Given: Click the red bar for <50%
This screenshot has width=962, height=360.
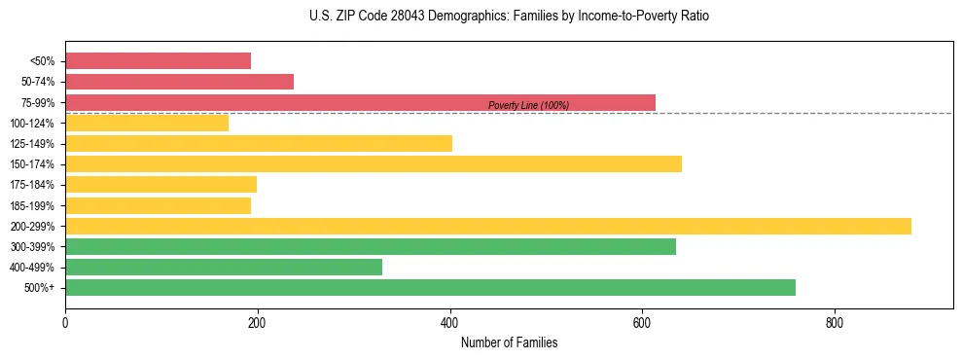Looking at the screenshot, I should point(158,61).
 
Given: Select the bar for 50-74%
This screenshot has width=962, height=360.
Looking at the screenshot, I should point(179,82).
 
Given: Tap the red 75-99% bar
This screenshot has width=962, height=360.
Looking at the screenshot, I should point(360,102).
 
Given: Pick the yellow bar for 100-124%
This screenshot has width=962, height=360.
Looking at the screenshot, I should point(147,123).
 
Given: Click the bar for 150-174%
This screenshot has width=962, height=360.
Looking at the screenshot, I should point(374,163).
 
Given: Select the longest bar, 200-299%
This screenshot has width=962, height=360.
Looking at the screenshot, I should point(488,226).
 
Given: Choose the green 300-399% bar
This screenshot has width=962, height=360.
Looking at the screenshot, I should point(371,246).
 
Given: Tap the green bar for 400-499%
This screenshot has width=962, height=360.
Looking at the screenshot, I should point(224,267).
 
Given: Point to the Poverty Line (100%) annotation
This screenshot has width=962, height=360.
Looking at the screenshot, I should point(528,105).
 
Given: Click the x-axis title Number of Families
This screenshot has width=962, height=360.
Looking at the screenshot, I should point(509,343).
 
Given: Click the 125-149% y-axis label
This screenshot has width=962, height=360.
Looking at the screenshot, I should point(32,144).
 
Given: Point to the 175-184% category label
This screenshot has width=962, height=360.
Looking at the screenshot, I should point(32,185).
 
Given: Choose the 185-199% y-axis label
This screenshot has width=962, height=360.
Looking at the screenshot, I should point(32,205).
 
